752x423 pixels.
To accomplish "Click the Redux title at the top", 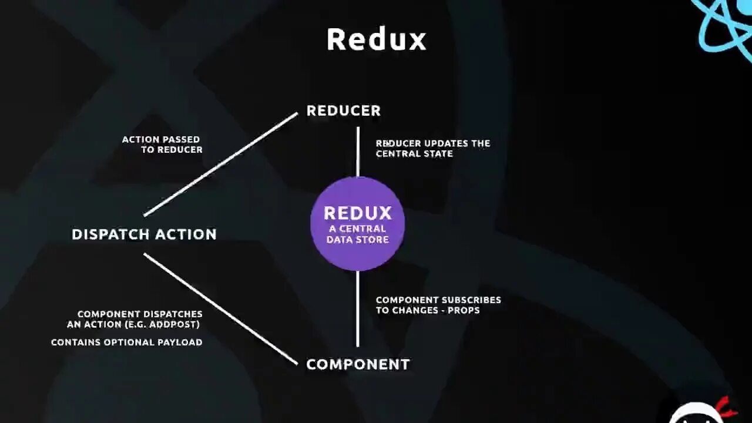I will (x=376, y=40).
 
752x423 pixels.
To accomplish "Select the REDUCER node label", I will (x=344, y=110).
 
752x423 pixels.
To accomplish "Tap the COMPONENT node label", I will (x=358, y=364).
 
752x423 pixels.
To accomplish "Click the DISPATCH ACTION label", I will (x=144, y=234).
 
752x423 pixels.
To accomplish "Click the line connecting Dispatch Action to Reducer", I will (x=220, y=164).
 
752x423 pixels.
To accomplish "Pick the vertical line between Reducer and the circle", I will (x=358, y=152).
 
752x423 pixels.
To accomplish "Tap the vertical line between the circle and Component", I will (x=358, y=308).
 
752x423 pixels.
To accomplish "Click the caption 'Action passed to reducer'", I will (x=162, y=145).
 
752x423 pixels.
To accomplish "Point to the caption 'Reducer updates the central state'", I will (x=432, y=149).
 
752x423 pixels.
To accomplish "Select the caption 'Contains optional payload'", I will (x=126, y=343).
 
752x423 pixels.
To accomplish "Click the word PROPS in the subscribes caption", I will (x=464, y=310).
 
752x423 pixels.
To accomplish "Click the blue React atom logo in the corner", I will (x=726, y=26).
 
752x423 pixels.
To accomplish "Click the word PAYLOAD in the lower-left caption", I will (x=180, y=343).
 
